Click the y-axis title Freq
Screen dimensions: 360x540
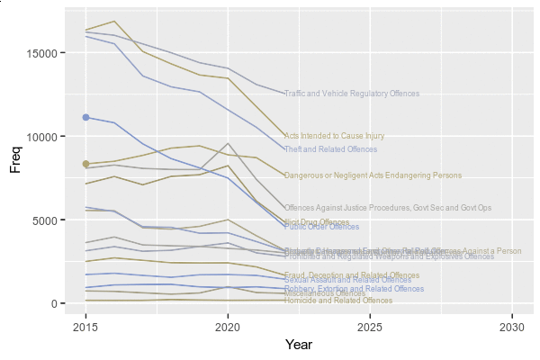click(15, 158)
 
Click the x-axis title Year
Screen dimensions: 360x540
click(299, 345)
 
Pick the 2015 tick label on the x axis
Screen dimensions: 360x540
click(86, 326)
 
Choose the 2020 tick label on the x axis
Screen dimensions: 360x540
click(228, 326)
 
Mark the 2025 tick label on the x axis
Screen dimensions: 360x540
click(370, 326)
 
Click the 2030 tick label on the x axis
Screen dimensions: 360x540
click(512, 326)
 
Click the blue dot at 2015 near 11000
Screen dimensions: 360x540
click(86, 117)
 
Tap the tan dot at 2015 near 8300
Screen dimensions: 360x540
click(86, 164)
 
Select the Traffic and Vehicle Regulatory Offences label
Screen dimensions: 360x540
click(352, 94)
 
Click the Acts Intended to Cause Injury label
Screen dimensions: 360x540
click(334, 136)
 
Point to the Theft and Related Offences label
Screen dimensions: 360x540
click(330, 149)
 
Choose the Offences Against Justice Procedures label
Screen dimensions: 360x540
click(388, 208)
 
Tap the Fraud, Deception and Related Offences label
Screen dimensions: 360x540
click(352, 275)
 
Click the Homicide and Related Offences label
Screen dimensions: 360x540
click(338, 301)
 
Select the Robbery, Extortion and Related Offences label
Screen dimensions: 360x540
click(354, 289)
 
